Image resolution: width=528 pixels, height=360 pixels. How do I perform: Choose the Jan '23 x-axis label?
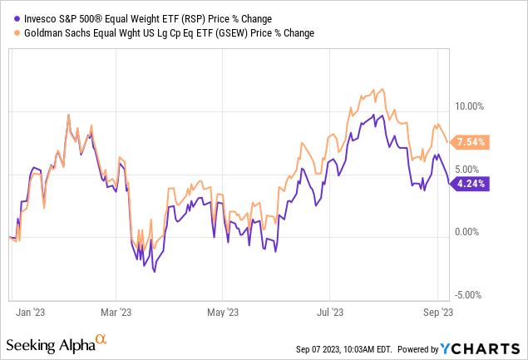(x=32, y=313)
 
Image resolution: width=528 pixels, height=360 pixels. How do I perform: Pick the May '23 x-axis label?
(x=223, y=313)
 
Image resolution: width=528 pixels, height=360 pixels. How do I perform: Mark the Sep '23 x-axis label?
(x=437, y=313)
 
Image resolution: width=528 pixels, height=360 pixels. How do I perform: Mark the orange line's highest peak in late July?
(x=381, y=87)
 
